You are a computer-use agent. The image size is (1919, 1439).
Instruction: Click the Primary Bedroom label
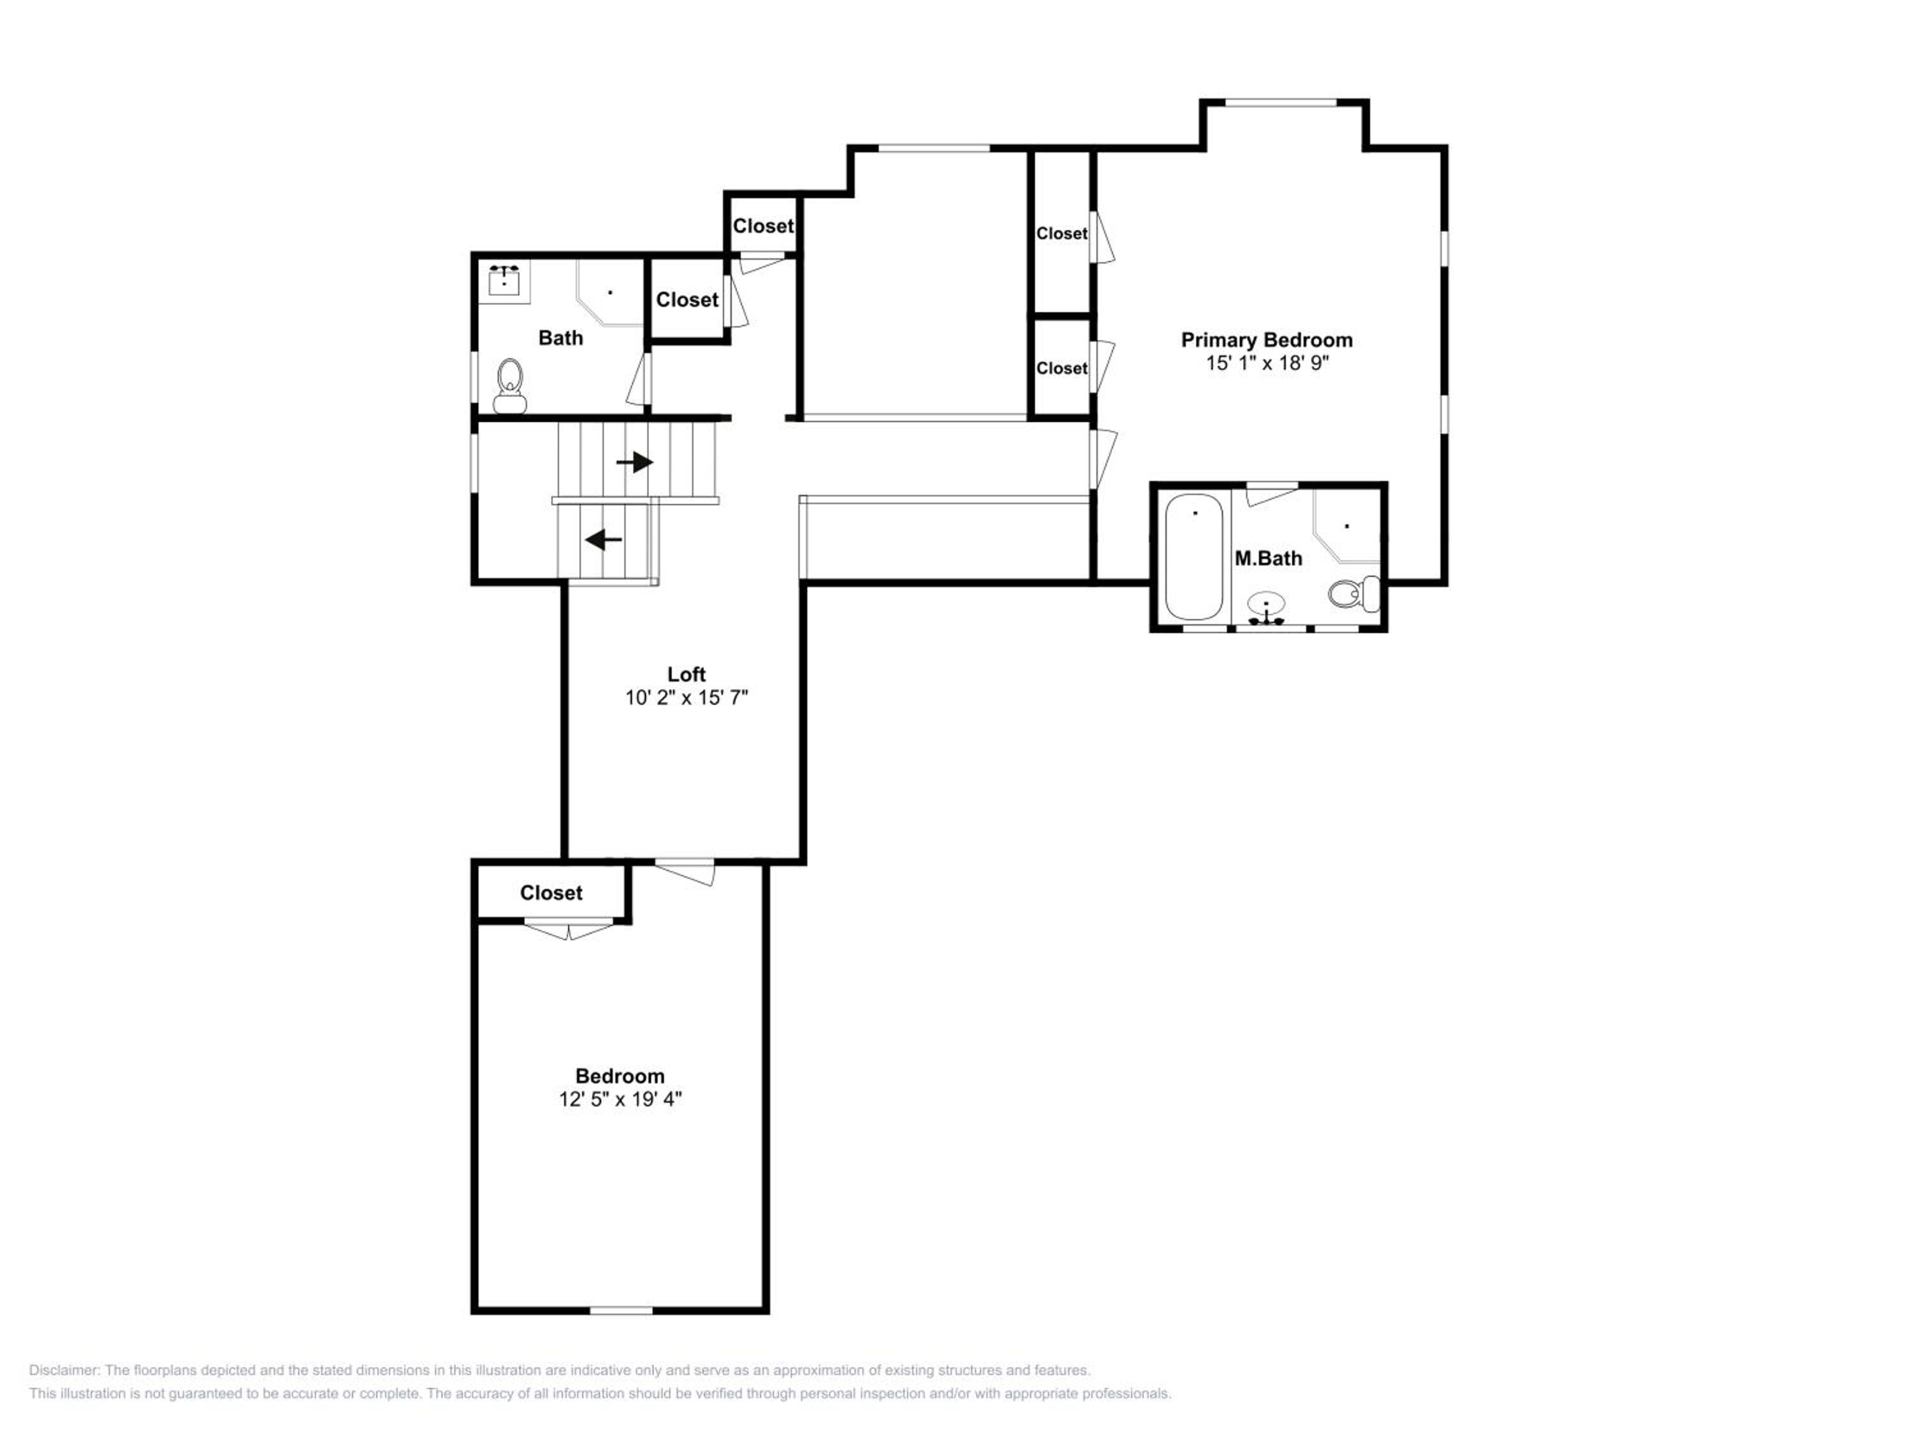(x=1267, y=340)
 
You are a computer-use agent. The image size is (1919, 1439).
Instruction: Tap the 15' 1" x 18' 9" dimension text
(x=1267, y=363)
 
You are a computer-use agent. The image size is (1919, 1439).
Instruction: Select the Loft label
(x=686, y=674)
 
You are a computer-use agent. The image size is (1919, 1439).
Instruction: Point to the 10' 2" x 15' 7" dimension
(x=686, y=697)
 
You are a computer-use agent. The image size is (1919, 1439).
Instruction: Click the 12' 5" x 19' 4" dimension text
(x=620, y=1099)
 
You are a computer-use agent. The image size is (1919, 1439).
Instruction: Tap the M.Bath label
(x=1268, y=558)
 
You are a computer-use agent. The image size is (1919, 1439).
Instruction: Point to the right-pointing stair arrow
(x=635, y=462)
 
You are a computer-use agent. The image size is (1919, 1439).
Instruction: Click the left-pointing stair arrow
(x=604, y=540)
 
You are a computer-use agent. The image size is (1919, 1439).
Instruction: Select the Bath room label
(x=560, y=338)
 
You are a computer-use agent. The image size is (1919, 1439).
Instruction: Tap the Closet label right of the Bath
(x=687, y=300)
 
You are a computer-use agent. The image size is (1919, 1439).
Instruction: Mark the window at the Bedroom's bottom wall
(x=621, y=1310)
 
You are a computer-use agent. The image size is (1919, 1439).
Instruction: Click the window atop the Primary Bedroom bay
(x=1281, y=103)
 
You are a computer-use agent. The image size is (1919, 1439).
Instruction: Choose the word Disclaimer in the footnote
(x=64, y=1371)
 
